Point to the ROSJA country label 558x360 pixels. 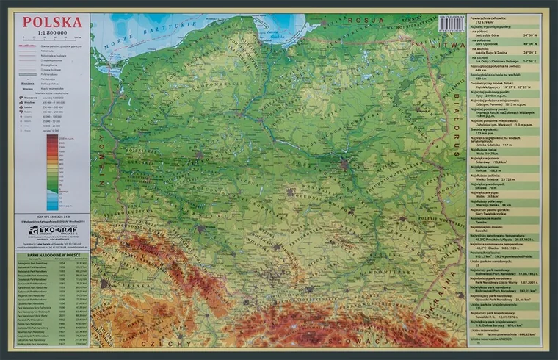[363, 20]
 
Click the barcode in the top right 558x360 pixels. [450, 24]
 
